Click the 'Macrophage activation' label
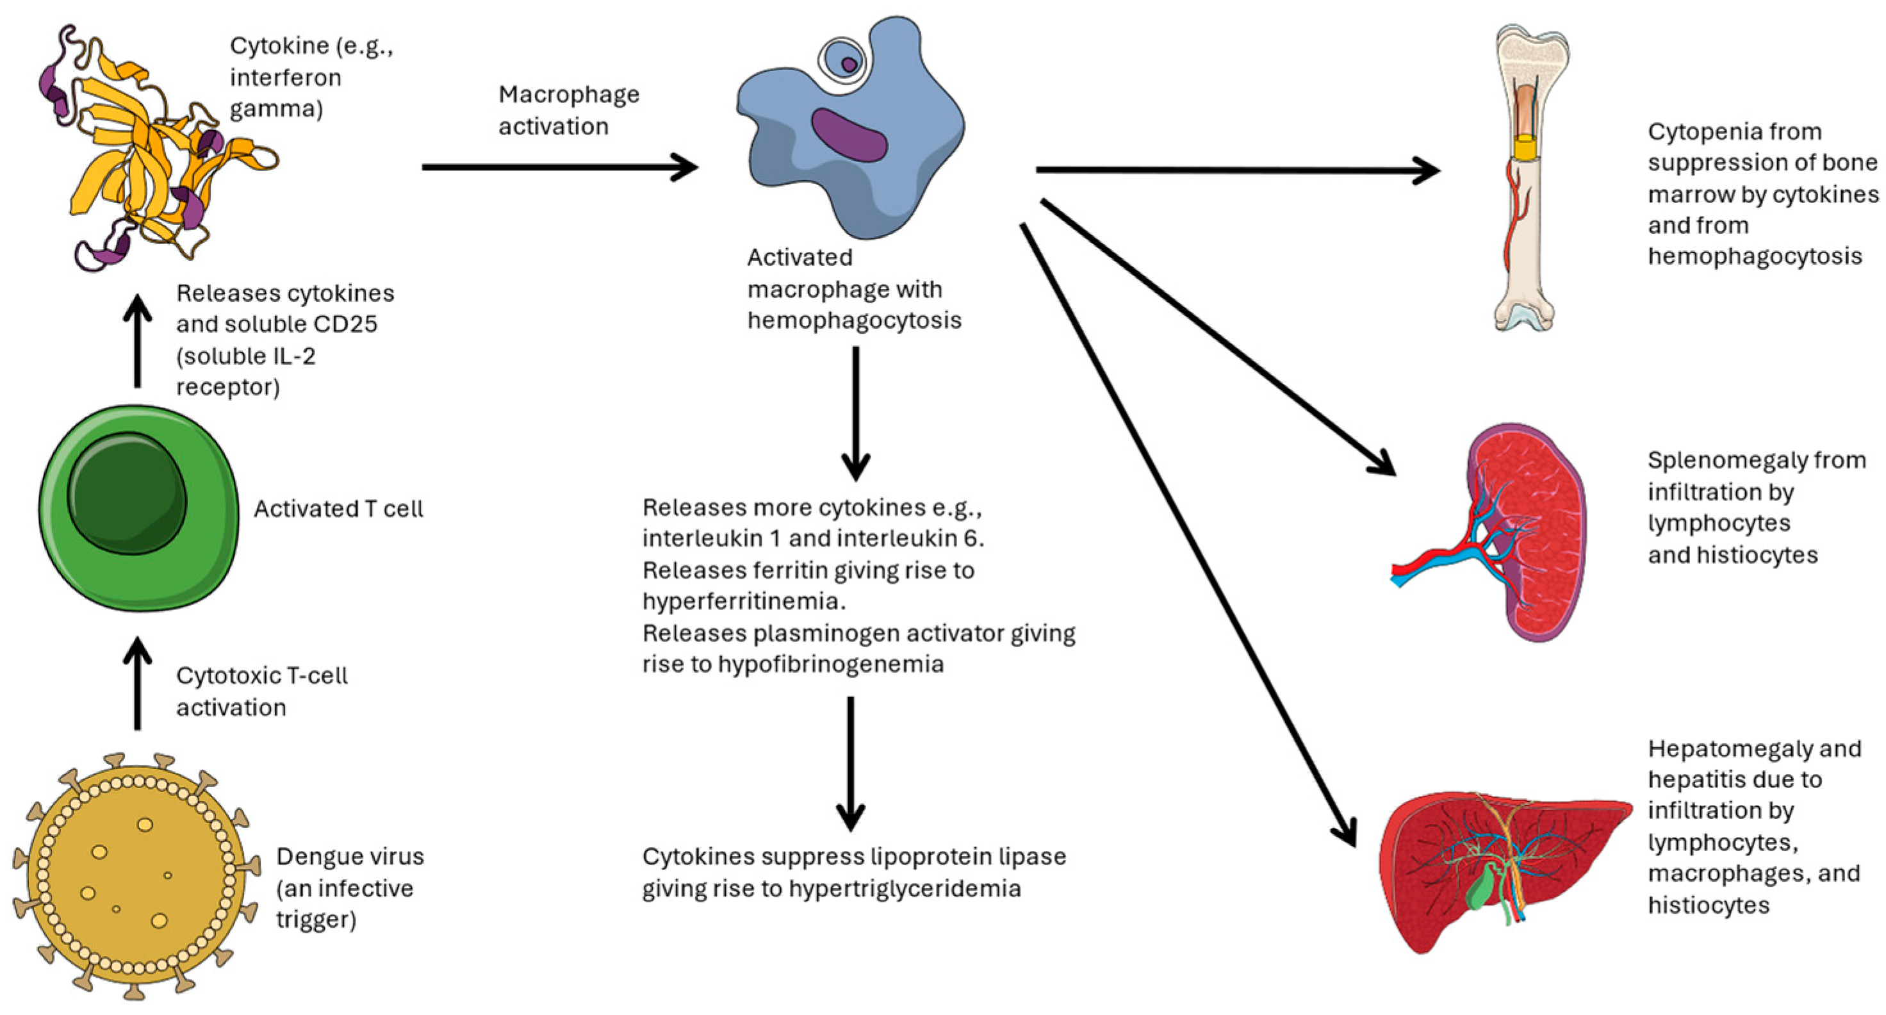pyautogui.click(x=568, y=110)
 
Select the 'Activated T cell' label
pyautogui.click(x=338, y=509)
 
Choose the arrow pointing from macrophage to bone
pyautogui.click(x=1237, y=170)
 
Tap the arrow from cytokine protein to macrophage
pyautogui.click(x=559, y=167)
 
